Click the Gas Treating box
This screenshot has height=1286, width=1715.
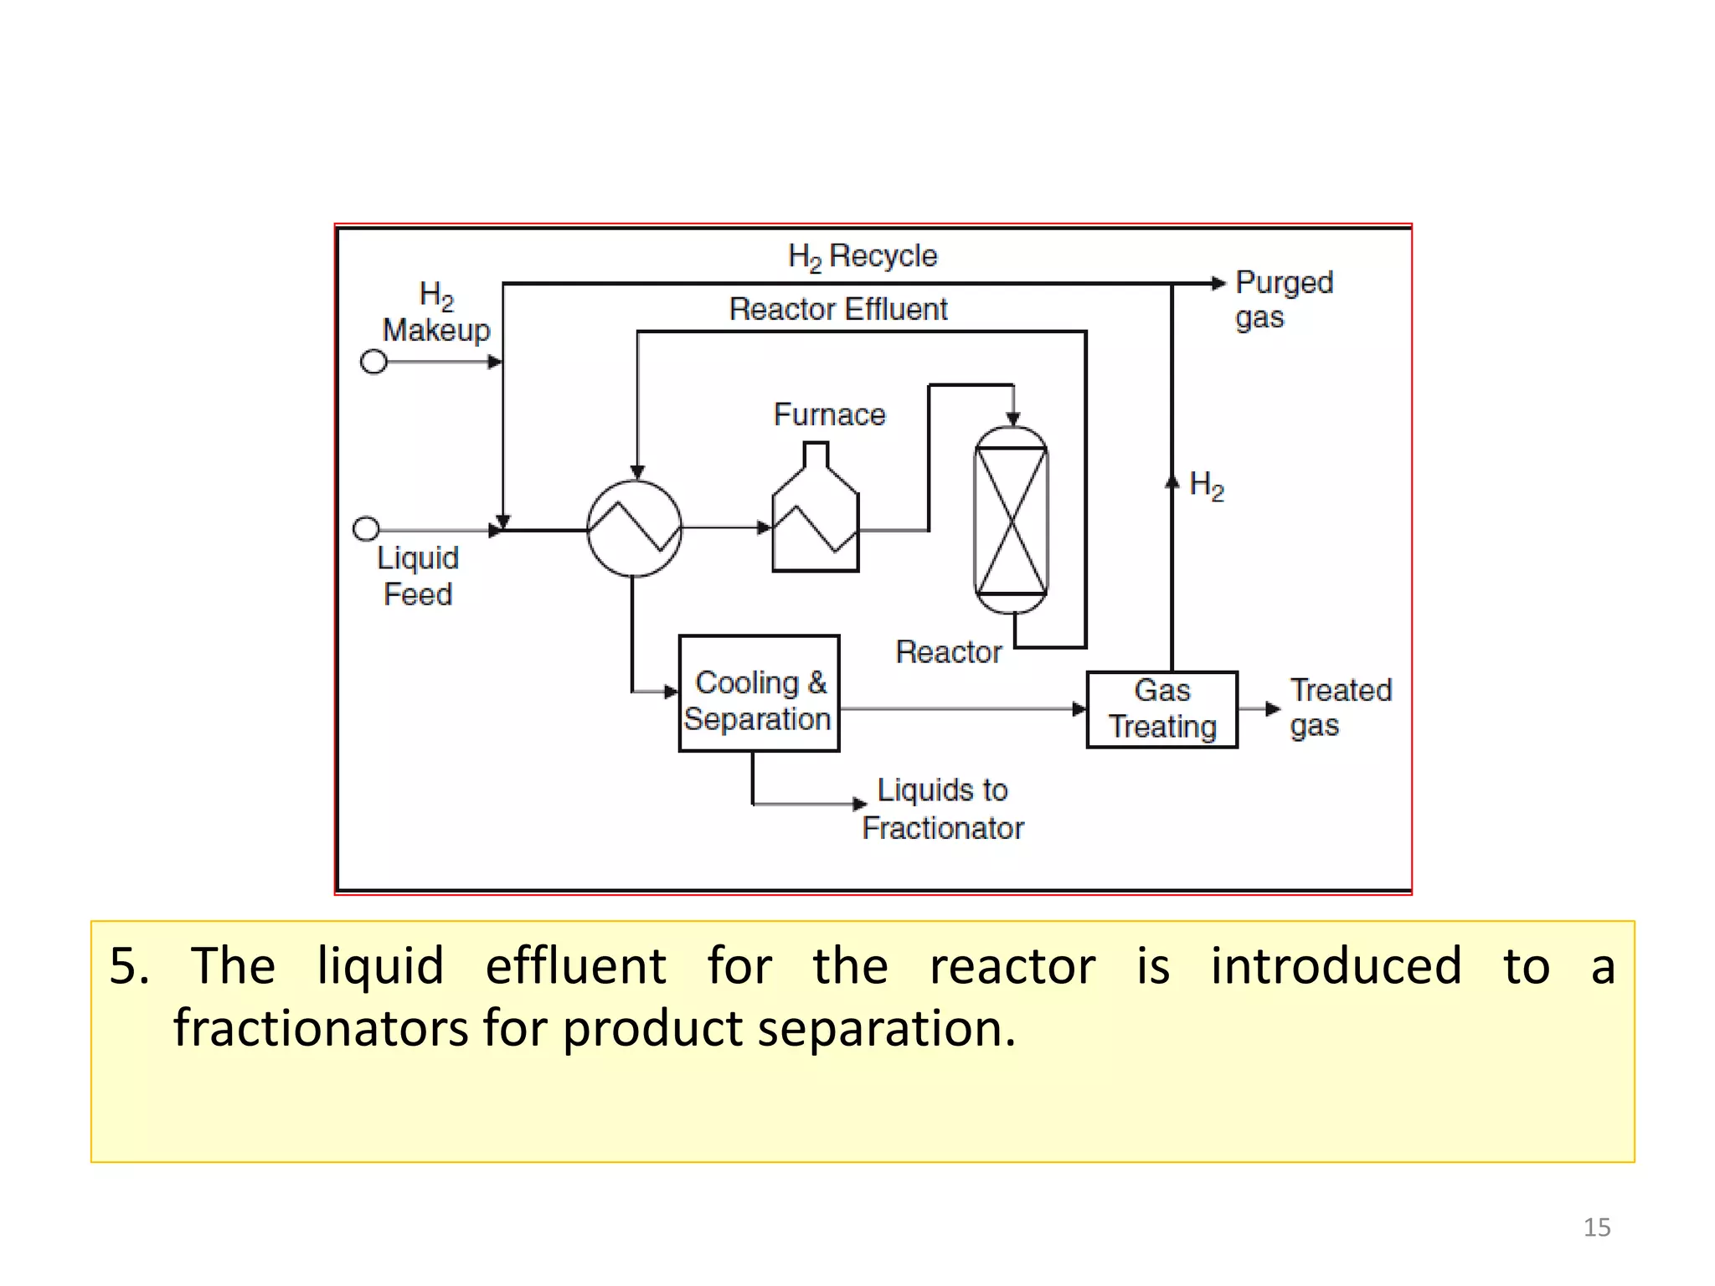click(1161, 709)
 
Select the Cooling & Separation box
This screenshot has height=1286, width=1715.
click(759, 693)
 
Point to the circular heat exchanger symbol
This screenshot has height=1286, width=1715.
click(634, 528)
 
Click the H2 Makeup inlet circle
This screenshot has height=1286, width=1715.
click(373, 362)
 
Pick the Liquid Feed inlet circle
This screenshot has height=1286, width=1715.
click(366, 528)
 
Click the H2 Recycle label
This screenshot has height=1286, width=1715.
click(863, 256)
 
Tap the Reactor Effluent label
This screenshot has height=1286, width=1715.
click(838, 309)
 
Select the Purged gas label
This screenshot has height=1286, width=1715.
click(1283, 299)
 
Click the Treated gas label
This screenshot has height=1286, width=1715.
click(1340, 707)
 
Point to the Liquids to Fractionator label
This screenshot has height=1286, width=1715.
click(943, 809)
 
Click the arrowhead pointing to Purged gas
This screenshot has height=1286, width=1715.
click(1218, 283)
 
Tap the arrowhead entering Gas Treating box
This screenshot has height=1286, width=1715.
click(1079, 709)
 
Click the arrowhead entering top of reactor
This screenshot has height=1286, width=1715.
click(1013, 419)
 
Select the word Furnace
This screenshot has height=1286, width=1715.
click(829, 414)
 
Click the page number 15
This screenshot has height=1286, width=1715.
click(1596, 1227)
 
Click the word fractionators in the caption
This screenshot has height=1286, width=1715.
click(321, 1028)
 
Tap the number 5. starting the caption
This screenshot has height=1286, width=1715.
click(130, 965)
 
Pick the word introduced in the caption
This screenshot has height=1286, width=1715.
click(1336, 965)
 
